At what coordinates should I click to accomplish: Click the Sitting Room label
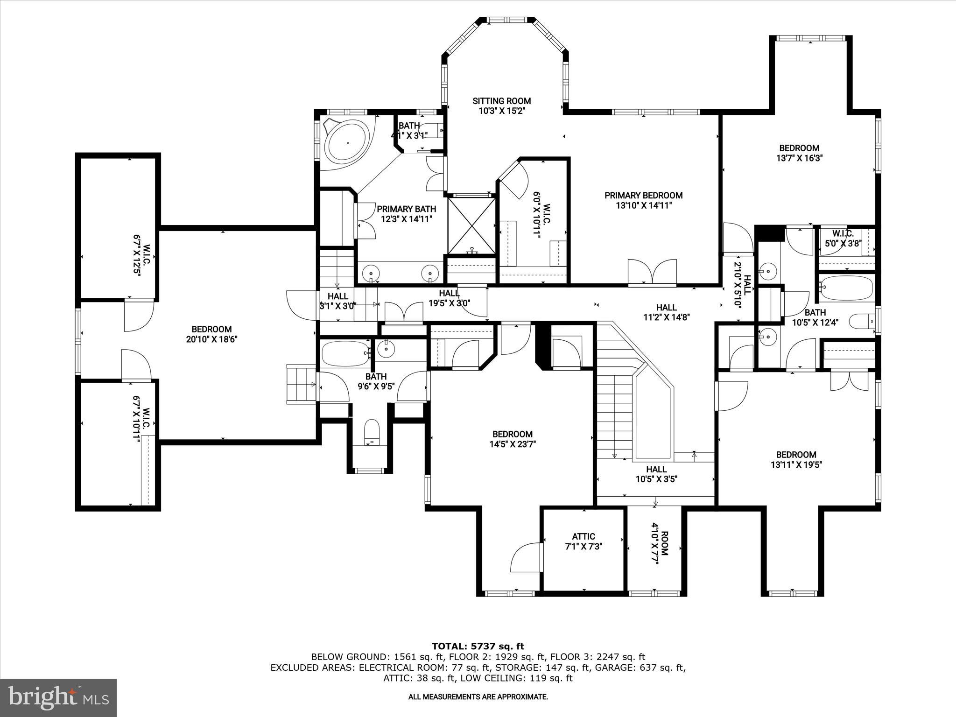pos(501,101)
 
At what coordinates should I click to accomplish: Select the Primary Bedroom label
pos(643,196)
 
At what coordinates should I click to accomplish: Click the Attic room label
pos(583,537)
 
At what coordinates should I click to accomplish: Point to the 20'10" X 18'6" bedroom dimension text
pos(211,340)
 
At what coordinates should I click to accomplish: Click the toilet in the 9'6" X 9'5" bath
pos(372,432)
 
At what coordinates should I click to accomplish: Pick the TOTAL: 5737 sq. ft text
pos(478,647)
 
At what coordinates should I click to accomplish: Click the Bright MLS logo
pos(58,697)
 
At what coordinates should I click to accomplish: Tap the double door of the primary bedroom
pos(652,272)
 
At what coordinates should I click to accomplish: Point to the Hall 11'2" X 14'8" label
pos(666,312)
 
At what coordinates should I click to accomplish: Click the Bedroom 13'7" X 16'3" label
pos(798,153)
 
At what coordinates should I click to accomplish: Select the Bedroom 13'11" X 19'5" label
pos(796,459)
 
